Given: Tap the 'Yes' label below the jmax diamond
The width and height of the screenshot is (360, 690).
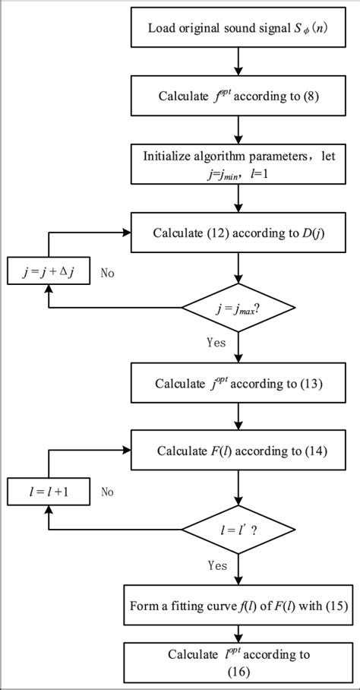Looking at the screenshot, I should coord(216,342).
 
